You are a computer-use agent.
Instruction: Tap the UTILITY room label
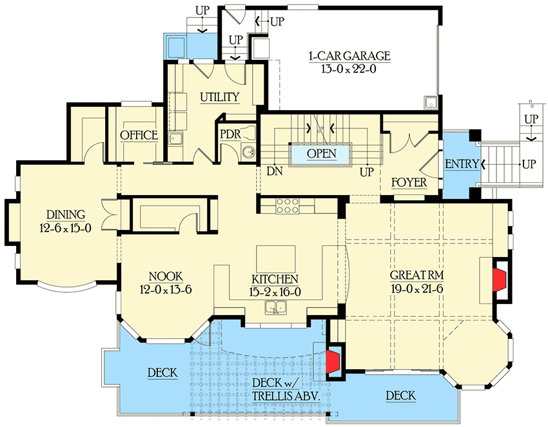tap(219, 97)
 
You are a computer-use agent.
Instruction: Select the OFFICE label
tap(139, 135)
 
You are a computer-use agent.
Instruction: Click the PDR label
tap(230, 135)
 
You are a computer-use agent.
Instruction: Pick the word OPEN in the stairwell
tap(322, 154)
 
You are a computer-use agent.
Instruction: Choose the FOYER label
tap(409, 182)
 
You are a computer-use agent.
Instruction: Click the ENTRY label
tap(462, 164)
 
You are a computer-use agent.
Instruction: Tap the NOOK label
tap(166, 276)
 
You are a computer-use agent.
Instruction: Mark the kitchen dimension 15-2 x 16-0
tap(275, 292)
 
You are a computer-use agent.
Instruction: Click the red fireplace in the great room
tap(499, 280)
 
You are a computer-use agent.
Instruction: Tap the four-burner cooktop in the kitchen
tap(287, 205)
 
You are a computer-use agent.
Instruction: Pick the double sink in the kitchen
tap(278, 308)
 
